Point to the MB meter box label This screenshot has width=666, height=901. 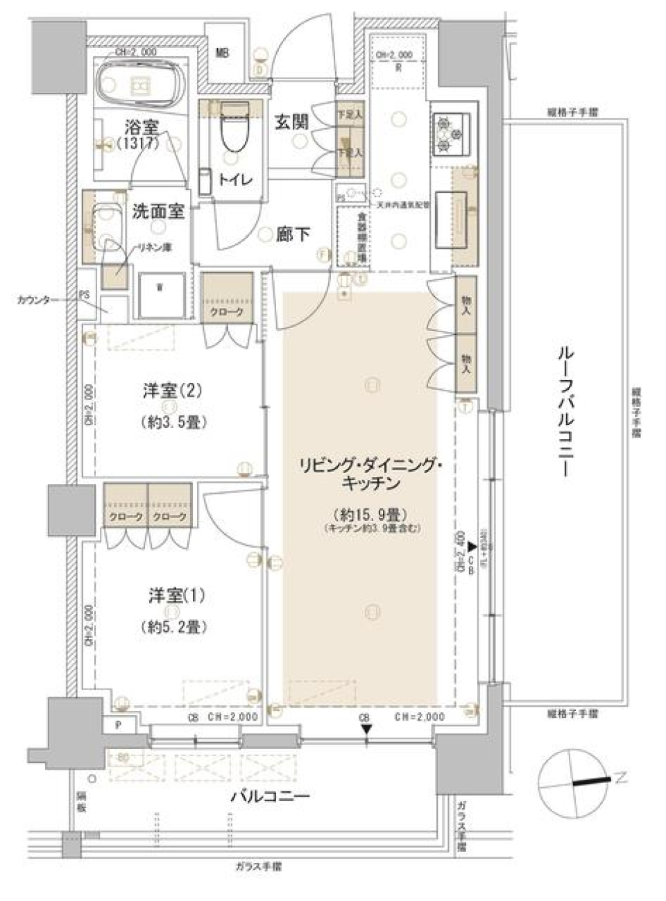click(222, 53)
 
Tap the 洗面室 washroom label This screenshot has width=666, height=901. click(159, 212)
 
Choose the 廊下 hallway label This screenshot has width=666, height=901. click(293, 235)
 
